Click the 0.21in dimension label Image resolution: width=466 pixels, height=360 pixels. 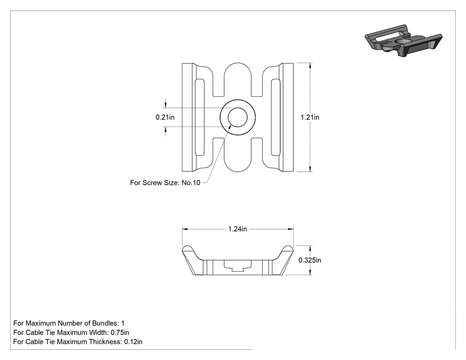click(165, 117)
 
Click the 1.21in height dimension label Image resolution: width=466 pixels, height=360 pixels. click(310, 117)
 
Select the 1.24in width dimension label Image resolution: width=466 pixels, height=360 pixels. click(237, 229)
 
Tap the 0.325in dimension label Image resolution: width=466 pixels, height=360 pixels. click(310, 260)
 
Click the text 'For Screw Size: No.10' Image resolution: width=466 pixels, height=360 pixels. click(165, 182)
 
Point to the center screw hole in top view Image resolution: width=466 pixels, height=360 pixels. click(237, 117)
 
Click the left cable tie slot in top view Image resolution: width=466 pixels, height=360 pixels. click(200, 117)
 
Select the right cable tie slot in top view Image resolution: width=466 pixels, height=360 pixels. click(276, 117)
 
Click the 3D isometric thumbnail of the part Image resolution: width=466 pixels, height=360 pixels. click(403, 41)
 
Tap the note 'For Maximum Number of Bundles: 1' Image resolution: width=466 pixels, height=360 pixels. click(69, 323)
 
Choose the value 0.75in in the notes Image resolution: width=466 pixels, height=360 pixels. click(120, 332)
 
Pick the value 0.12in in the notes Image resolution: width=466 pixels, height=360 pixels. click(133, 341)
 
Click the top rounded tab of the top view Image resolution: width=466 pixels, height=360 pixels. click(237, 71)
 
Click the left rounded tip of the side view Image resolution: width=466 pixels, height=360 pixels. click(188, 249)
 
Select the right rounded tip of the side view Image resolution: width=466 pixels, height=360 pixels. click(288, 249)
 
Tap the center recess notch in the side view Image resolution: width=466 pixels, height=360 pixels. click(237, 265)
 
